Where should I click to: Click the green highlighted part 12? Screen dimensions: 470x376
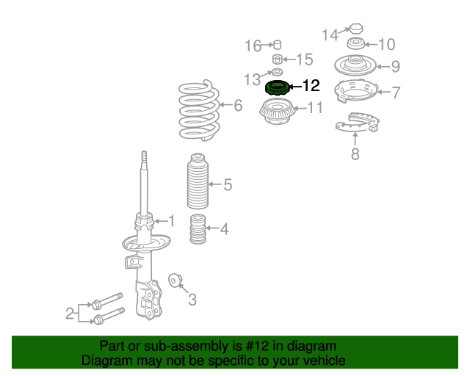point(278,88)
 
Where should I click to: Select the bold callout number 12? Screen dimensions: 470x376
point(311,86)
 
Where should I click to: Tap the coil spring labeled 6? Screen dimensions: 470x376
point(199,110)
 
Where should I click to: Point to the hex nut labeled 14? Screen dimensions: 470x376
point(356,29)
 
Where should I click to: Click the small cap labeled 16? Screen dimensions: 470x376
point(278,45)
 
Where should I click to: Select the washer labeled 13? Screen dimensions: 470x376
point(277,72)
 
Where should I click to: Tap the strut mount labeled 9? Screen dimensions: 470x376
point(355,65)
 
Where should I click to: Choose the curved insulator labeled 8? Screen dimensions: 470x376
point(358,123)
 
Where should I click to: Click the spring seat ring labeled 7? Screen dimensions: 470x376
point(355,90)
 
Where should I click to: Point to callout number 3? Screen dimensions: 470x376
point(192,300)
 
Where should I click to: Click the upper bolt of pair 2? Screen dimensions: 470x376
point(108,301)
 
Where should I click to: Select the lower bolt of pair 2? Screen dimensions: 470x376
point(109,316)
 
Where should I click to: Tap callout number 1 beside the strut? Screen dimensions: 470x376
point(171,221)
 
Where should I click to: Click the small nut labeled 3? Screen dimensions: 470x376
point(175,281)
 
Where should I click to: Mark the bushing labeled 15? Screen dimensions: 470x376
point(278,59)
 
